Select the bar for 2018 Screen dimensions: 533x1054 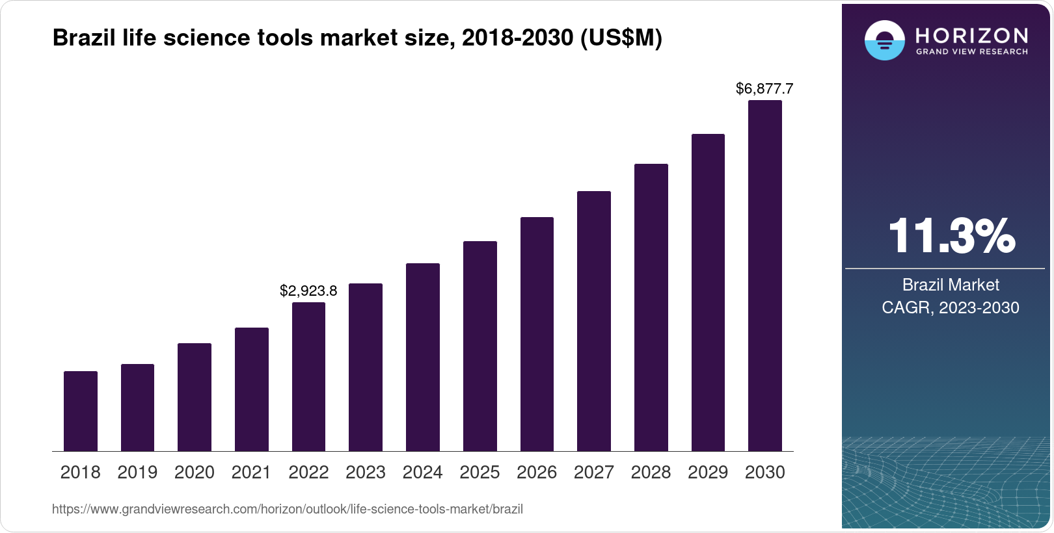pyautogui.click(x=81, y=411)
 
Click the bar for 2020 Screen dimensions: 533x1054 pyautogui.click(x=195, y=397)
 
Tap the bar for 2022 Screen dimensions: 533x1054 pyautogui.click(x=308, y=376)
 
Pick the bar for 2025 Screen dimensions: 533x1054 pyautogui.click(x=480, y=346)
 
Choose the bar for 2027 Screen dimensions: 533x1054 pyautogui.click(x=594, y=321)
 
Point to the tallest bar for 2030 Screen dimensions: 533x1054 pyautogui.click(x=765, y=276)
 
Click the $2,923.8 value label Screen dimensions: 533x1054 pyautogui.click(x=308, y=291)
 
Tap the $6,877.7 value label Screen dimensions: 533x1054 pyautogui.click(x=764, y=88)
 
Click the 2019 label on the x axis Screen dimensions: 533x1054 pyautogui.click(x=137, y=473)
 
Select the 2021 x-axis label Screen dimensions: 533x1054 pyautogui.click(x=251, y=473)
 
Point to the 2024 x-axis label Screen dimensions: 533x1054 pyautogui.click(x=422, y=473)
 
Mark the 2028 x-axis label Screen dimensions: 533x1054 pyautogui.click(x=651, y=473)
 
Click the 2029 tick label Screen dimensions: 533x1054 pyautogui.click(x=708, y=473)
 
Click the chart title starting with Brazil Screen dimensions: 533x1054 pyautogui.click(x=357, y=38)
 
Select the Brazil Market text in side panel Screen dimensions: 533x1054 pyautogui.click(x=951, y=285)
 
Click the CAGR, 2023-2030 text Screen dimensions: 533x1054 pyautogui.click(x=951, y=307)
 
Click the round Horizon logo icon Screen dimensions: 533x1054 pyautogui.click(x=884, y=40)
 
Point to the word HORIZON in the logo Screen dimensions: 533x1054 pyautogui.click(x=971, y=35)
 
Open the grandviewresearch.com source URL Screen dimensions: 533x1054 pyautogui.click(x=288, y=509)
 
